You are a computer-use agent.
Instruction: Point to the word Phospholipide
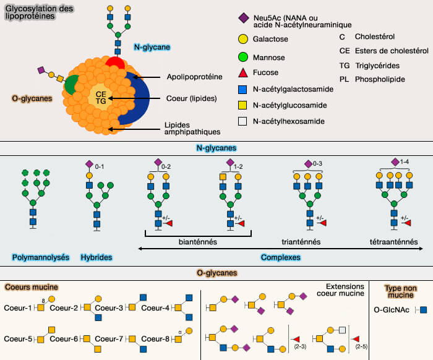(380, 79)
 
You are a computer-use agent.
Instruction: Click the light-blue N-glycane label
(152, 46)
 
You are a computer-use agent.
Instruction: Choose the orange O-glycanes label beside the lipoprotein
(31, 98)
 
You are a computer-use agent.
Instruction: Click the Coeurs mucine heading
(32, 287)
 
